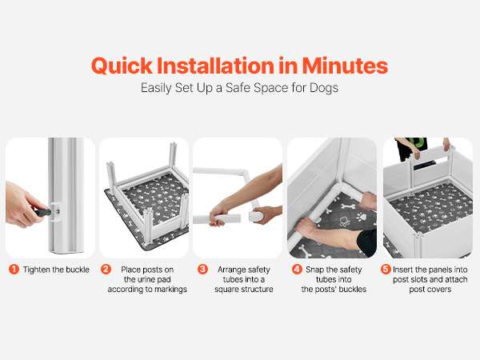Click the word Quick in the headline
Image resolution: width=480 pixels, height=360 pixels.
pyautogui.click(x=122, y=66)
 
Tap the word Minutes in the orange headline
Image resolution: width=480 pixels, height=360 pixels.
pyautogui.click(x=345, y=66)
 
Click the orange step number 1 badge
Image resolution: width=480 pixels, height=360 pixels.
pyautogui.click(x=14, y=270)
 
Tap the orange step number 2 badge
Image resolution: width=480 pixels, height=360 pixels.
pyautogui.click(x=106, y=270)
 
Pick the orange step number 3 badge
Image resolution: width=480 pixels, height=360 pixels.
pyautogui.click(x=202, y=270)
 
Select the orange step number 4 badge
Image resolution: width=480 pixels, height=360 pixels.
pyautogui.click(x=297, y=270)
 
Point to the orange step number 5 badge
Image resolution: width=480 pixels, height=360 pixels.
pyautogui.click(x=386, y=270)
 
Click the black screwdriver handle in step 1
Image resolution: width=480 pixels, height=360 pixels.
pyautogui.click(x=42, y=212)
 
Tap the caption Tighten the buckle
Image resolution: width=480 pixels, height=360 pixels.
pyautogui.click(x=56, y=270)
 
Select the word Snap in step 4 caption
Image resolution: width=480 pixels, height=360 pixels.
pyautogui.click(x=314, y=270)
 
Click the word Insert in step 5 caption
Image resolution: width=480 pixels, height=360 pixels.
pyautogui.click(x=403, y=270)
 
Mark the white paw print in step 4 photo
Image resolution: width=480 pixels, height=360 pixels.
pyautogui.click(x=362, y=217)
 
